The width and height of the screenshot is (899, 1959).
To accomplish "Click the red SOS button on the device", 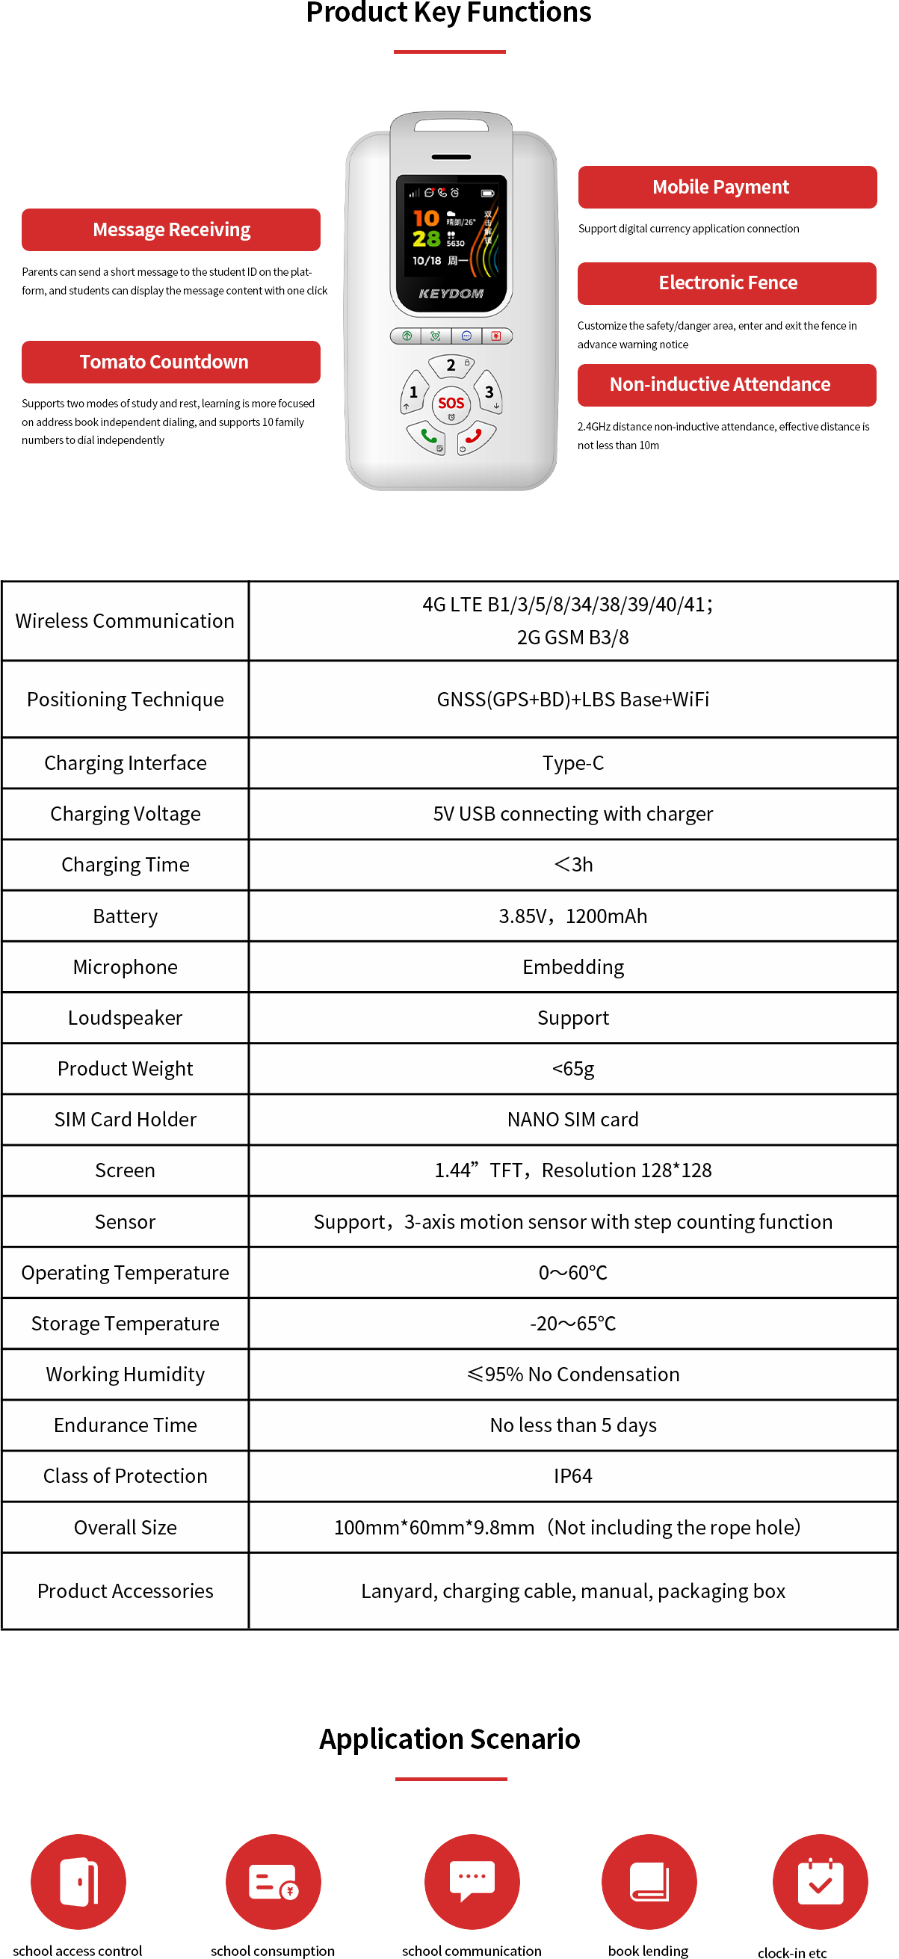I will (451, 403).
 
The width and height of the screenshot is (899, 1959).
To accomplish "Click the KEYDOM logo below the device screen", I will (451, 294).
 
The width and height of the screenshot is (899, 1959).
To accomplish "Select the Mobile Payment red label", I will (727, 187).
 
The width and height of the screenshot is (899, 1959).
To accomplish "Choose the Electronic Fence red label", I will (727, 283).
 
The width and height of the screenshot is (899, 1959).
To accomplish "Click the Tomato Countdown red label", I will (171, 362).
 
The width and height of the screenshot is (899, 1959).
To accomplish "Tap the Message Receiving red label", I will (171, 229).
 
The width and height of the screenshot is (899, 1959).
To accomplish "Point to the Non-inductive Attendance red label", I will (727, 385).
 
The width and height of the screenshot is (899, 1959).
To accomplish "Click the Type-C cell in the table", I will (572, 763).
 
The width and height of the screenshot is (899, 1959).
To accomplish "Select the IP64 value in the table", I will (572, 1476).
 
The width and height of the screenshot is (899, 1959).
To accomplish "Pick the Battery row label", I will (126, 916).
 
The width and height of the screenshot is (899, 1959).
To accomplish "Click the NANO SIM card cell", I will (572, 1120).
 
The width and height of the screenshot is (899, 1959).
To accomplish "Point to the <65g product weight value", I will (572, 1069).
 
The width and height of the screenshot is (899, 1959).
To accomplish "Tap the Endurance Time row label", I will (126, 1425).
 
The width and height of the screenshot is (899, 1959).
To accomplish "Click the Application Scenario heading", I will (450, 1740).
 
